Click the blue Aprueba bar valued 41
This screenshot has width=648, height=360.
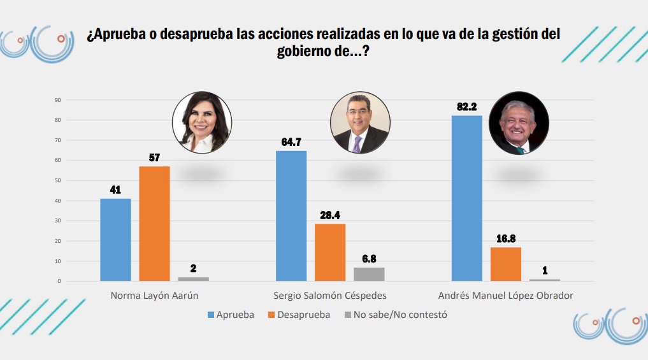[115, 240]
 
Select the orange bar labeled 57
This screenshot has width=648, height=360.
[154, 224]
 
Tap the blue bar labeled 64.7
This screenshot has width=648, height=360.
[291, 216]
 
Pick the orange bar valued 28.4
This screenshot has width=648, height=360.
[330, 252]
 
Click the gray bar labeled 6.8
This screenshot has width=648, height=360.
[369, 274]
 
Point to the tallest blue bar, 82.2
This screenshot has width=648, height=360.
[467, 198]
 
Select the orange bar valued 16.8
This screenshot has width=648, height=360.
[506, 264]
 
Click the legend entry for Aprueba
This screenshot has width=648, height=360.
[231, 315]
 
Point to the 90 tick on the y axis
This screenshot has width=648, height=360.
[57, 100]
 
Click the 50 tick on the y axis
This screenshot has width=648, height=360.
[57, 180]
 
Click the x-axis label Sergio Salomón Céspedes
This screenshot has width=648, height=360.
[329, 296]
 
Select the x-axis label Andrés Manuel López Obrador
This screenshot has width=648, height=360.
[505, 296]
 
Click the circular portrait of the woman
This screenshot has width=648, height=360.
[202, 123]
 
